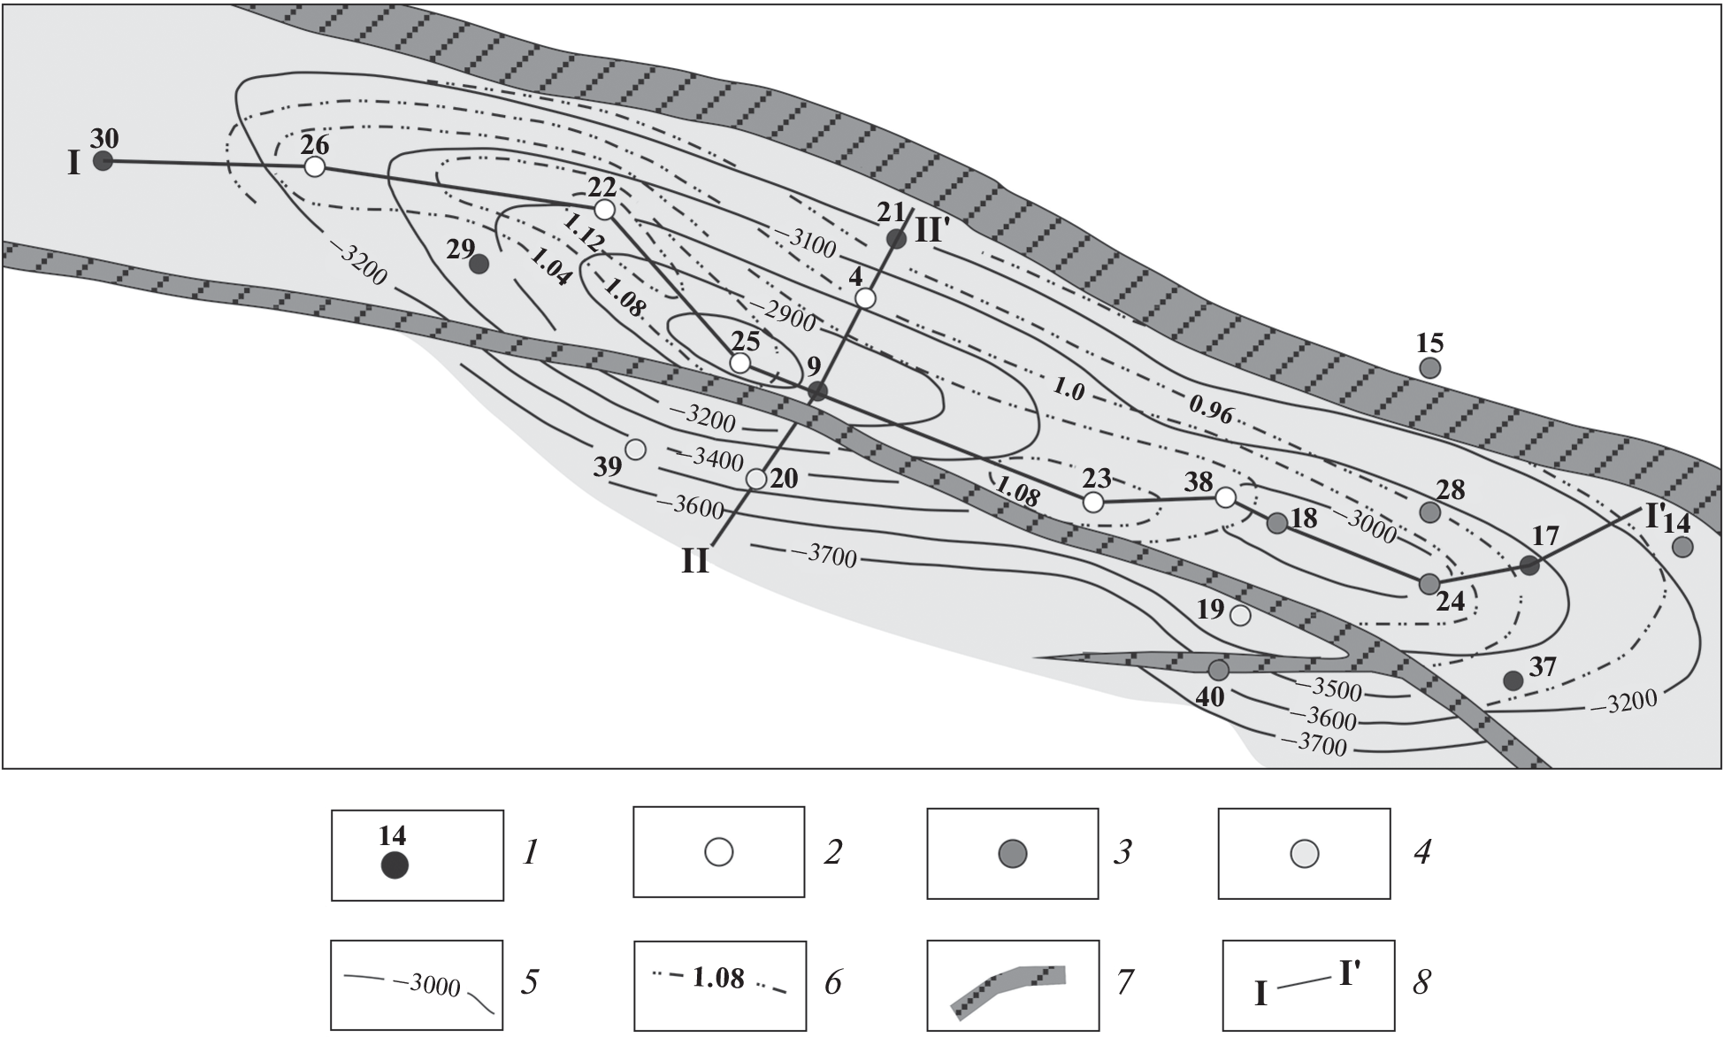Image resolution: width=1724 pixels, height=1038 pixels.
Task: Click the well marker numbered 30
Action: (x=103, y=161)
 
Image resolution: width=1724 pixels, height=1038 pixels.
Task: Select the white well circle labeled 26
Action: (x=314, y=166)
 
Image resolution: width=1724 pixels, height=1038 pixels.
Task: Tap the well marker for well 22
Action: (x=604, y=210)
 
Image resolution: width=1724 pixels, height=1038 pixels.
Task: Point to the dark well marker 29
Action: (x=479, y=264)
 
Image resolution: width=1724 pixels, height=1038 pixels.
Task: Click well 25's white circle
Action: (x=740, y=363)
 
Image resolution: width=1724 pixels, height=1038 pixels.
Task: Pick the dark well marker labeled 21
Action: (x=896, y=238)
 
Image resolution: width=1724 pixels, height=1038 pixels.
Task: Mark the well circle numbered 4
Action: (x=866, y=298)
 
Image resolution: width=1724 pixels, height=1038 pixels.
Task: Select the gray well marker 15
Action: (x=1429, y=367)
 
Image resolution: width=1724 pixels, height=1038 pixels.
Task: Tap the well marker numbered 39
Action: (x=635, y=450)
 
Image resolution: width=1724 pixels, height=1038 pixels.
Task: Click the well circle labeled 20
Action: (x=756, y=479)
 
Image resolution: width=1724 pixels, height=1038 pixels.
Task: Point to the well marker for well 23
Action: (x=1093, y=503)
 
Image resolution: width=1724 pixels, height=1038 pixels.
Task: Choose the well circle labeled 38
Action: (x=1225, y=497)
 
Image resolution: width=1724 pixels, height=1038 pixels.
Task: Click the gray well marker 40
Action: (x=1219, y=670)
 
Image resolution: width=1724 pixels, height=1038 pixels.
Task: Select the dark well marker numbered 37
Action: (x=1513, y=680)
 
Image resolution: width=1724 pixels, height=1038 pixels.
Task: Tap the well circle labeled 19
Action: (x=1241, y=616)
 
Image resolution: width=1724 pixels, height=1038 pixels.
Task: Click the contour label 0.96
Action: (x=1211, y=409)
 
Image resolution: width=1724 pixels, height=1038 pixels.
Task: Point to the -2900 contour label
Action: (x=782, y=314)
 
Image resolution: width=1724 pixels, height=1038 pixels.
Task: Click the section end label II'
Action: (x=932, y=230)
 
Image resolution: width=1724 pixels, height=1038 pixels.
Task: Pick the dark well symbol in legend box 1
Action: (x=395, y=865)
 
